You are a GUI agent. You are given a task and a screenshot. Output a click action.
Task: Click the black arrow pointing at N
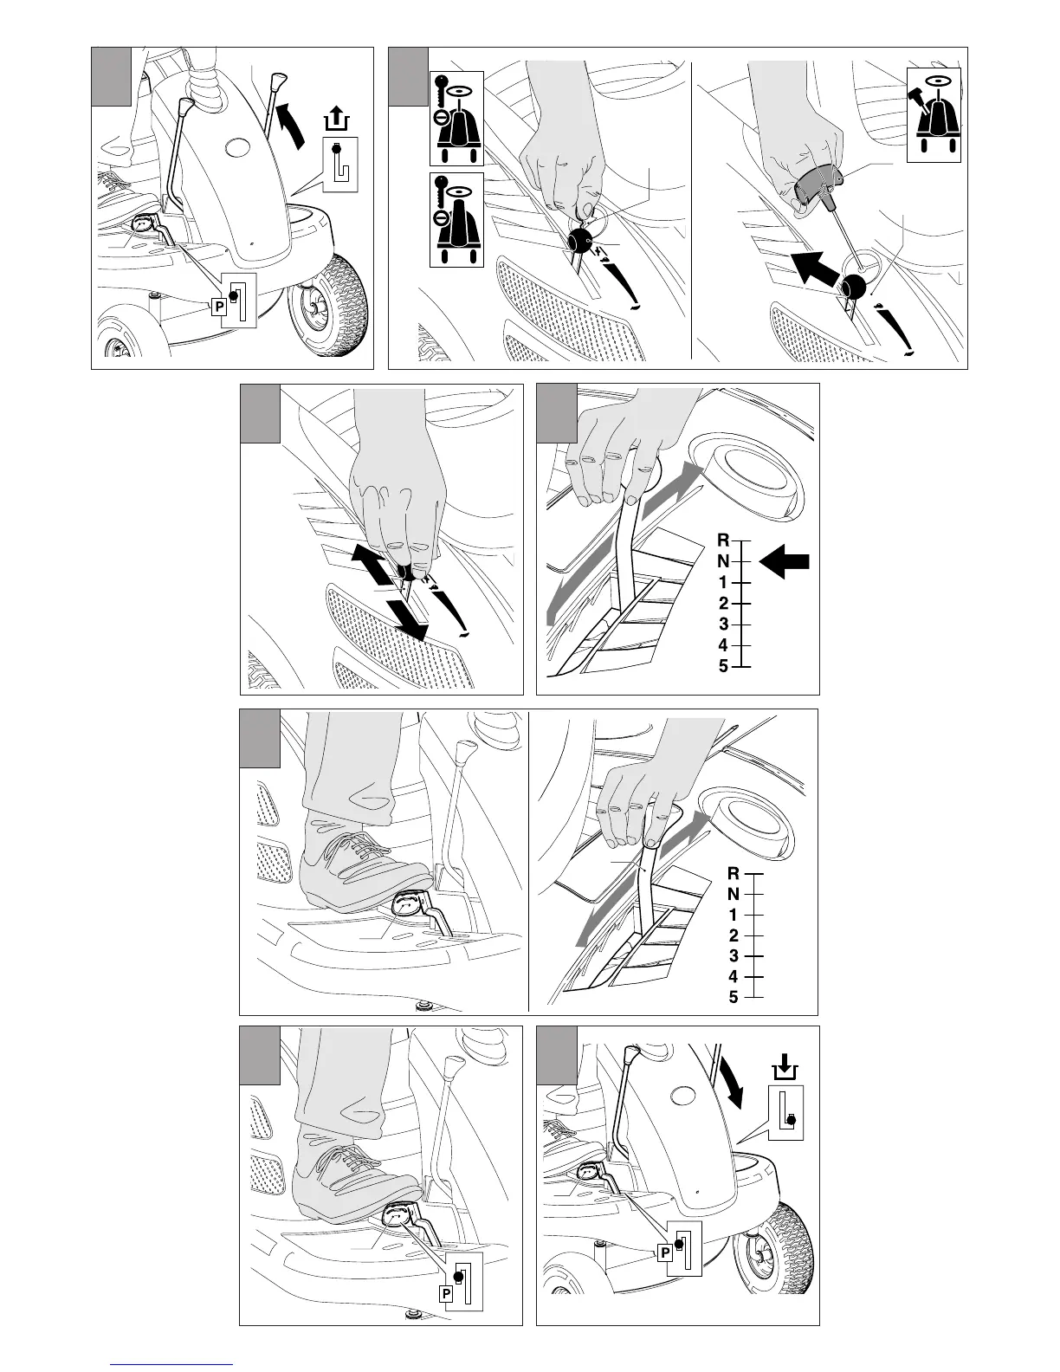click(x=784, y=561)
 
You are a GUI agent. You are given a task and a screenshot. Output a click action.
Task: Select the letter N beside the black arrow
click(x=723, y=561)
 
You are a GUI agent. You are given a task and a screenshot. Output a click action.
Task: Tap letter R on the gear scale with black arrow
click(x=723, y=540)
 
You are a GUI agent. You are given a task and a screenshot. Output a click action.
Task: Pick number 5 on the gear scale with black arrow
click(x=723, y=666)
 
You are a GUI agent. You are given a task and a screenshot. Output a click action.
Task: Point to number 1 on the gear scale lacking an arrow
click(x=733, y=915)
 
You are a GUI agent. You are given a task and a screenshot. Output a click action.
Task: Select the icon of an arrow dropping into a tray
click(x=785, y=1068)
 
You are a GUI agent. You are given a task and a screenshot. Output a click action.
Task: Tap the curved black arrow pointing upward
click(x=292, y=126)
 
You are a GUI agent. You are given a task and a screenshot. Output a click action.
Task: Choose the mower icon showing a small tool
click(x=934, y=115)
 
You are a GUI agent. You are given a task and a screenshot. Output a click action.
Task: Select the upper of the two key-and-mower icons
click(x=456, y=119)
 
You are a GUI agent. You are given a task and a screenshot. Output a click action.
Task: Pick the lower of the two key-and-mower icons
click(x=456, y=220)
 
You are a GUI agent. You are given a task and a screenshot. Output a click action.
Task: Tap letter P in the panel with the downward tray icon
click(x=665, y=1252)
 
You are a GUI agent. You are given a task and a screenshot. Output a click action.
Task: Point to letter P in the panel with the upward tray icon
click(x=218, y=307)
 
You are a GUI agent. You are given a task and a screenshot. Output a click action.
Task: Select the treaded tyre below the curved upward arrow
click(x=327, y=296)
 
